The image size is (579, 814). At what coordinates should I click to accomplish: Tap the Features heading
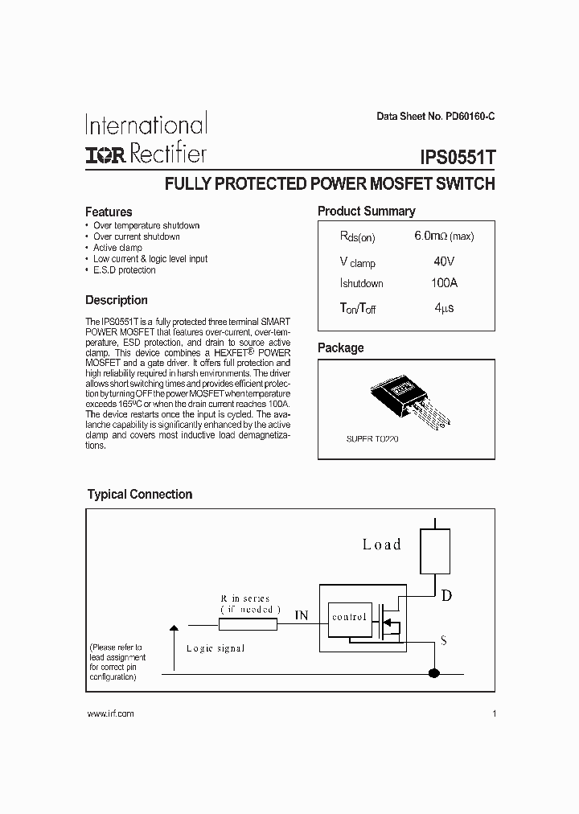[109, 212]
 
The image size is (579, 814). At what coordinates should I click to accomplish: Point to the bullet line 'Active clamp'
[117, 248]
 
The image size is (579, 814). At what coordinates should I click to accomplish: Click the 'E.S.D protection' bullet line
[124, 270]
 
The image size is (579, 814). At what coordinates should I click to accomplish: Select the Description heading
[117, 300]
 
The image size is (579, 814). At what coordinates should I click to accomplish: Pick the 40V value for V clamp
[443, 261]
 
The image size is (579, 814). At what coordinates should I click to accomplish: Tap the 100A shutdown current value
[444, 283]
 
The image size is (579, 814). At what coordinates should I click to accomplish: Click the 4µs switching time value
[444, 308]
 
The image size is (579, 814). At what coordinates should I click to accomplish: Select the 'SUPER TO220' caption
[372, 440]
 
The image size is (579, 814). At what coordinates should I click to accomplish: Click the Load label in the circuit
[381, 545]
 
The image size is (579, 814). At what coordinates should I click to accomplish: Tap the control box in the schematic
[350, 617]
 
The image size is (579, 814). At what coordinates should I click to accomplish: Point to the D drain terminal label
[446, 595]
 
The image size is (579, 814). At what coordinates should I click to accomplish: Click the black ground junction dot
[434, 673]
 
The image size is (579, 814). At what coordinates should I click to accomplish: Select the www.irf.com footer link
[109, 713]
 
